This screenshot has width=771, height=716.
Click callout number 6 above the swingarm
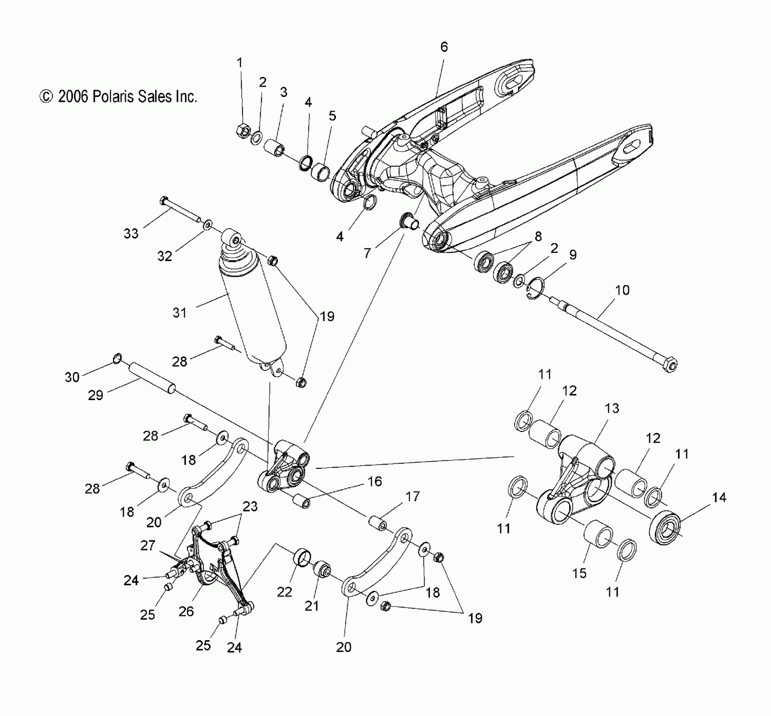pos(444,47)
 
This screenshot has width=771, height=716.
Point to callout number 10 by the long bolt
pos(622,290)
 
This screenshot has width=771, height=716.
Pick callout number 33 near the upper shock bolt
pos(131,233)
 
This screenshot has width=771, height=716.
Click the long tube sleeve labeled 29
pos(152,378)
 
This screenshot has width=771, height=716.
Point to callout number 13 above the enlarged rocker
pos(612,408)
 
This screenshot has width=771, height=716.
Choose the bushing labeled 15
pos(599,534)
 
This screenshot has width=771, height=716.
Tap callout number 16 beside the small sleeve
pos(375,481)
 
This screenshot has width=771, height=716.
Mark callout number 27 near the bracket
pos(148,545)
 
